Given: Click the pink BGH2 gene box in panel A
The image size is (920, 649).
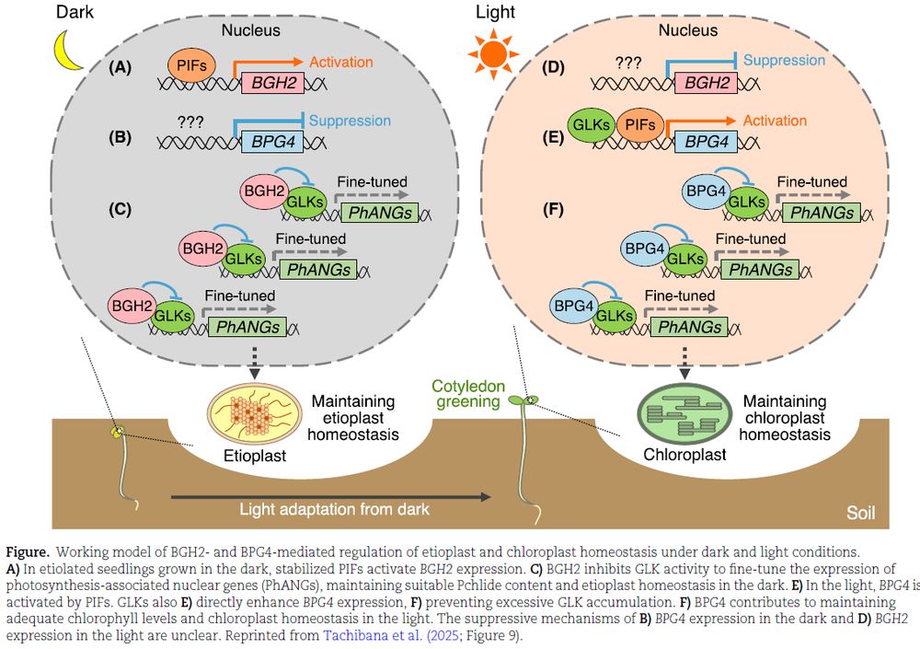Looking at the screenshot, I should (270, 84).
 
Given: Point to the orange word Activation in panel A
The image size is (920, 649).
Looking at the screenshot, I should (341, 63).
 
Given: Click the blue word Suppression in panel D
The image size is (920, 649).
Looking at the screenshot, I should (784, 60).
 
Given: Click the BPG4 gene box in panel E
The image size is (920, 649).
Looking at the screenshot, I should (706, 141).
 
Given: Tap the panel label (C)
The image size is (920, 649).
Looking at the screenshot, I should (120, 210).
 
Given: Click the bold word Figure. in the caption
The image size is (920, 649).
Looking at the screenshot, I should (28, 552).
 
